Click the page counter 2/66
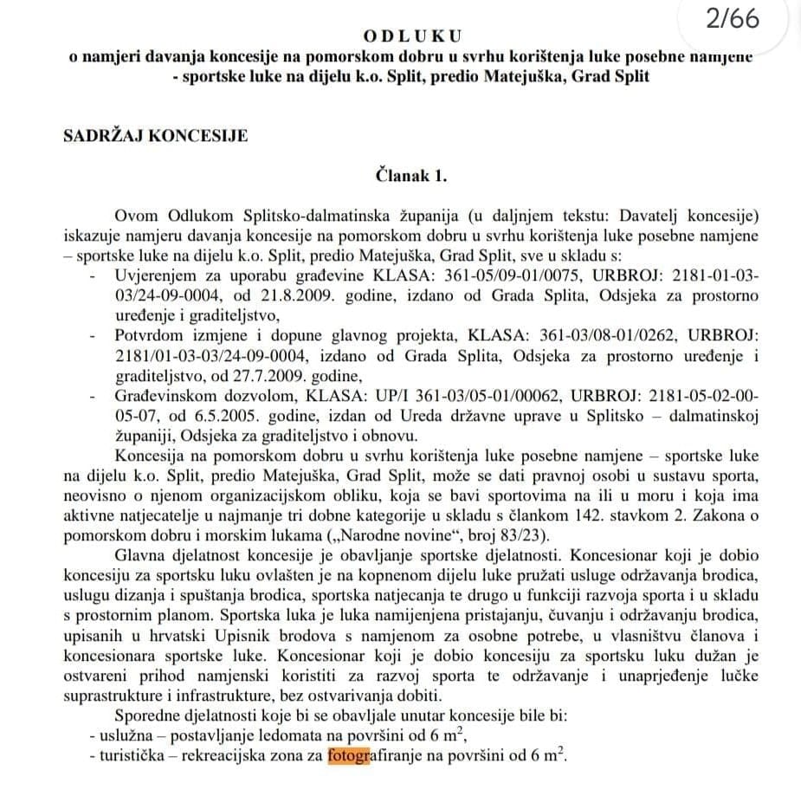732,19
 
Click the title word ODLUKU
412,36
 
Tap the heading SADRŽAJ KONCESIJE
155,135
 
